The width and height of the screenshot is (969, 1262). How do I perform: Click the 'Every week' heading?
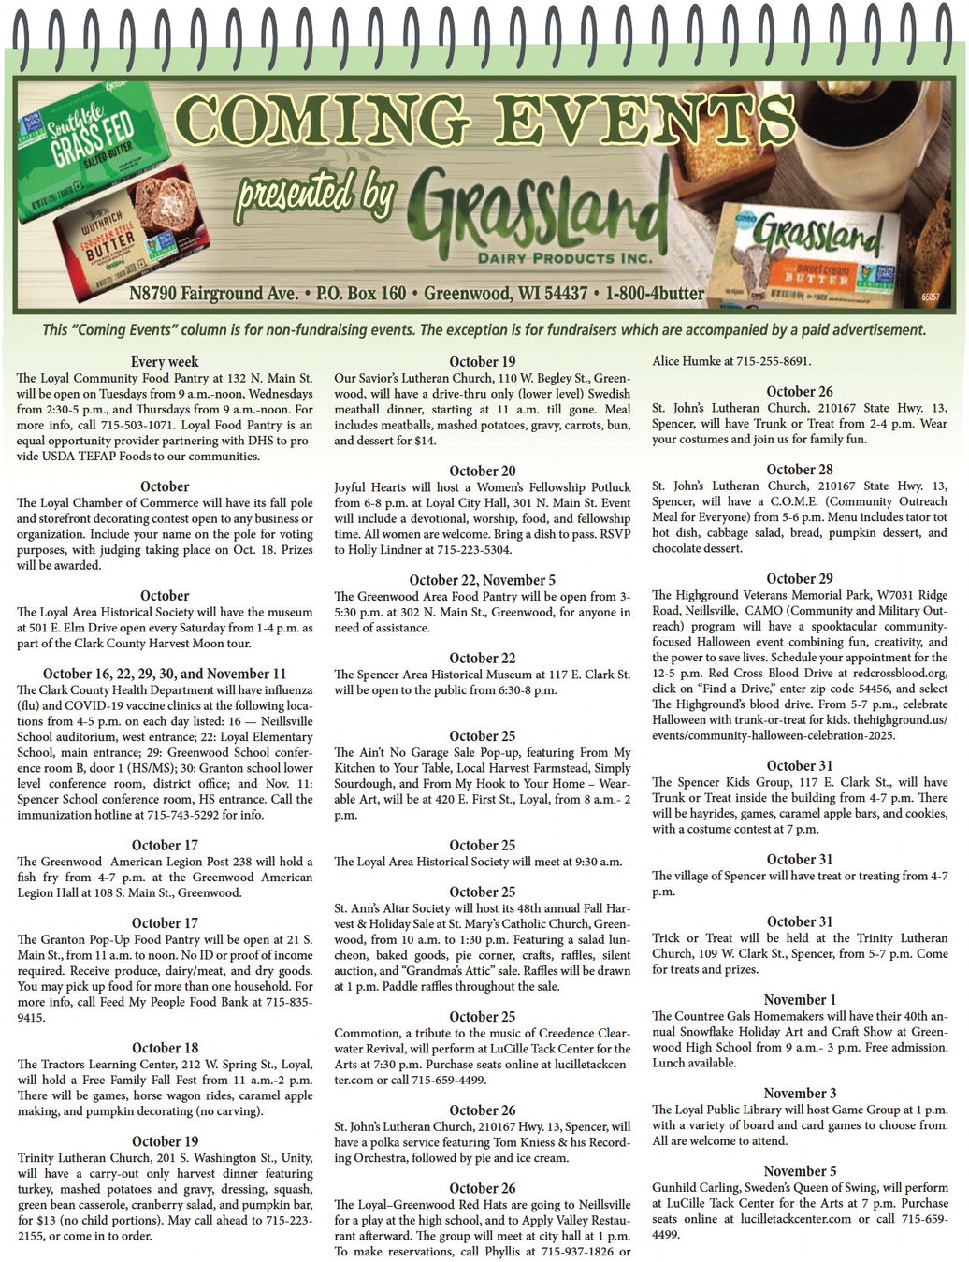tap(165, 362)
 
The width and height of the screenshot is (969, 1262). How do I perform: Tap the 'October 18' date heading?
tap(165, 1048)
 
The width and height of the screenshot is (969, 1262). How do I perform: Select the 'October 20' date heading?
tap(482, 471)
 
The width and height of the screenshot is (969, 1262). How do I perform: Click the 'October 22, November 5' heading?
tap(482, 580)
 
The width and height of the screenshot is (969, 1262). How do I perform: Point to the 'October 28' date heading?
tap(799, 470)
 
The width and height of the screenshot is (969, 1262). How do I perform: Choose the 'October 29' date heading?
tap(799, 579)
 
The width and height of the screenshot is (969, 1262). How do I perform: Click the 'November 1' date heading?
tap(800, 1000)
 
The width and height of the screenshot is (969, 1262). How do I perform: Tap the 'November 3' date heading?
tap(800, 1094)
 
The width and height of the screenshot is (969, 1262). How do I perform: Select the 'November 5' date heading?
tap(800, 1171)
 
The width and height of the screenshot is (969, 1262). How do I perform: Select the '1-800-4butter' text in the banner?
tap(654, 294)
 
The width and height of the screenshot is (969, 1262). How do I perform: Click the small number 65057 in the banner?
tap(930, 297)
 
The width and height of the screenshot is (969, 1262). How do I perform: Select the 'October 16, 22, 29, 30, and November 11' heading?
tap(165, 674)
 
